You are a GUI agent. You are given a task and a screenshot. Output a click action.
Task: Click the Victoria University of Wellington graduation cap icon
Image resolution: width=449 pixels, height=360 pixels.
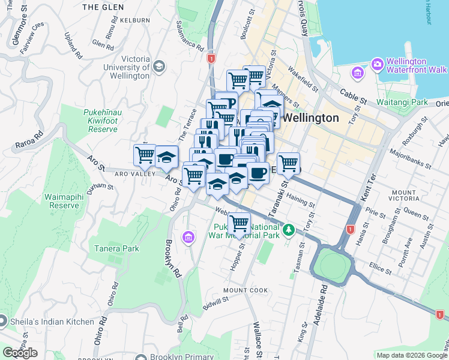[159, 65]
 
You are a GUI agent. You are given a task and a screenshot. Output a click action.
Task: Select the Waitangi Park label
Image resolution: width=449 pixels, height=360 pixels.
[402, 102]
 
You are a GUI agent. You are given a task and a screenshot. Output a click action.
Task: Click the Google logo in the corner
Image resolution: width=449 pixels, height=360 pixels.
[20, 353]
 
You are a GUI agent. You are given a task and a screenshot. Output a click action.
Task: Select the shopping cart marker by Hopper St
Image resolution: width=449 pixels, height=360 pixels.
[240, 224]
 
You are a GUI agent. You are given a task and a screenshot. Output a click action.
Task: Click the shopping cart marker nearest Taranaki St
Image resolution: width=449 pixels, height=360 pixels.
[289, 163]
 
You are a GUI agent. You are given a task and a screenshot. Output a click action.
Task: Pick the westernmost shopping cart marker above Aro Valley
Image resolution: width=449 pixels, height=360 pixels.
[145, 155]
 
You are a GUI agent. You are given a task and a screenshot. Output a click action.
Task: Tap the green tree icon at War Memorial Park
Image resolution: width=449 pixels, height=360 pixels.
[289, 229]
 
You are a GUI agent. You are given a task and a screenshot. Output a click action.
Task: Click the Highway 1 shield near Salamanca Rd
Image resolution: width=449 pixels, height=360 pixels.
[211, 59]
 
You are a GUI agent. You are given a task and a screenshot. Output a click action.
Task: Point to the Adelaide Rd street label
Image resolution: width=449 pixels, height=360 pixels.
[324, 296]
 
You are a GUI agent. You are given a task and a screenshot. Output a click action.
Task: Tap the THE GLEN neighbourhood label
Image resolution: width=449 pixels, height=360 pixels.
[103, 7]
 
